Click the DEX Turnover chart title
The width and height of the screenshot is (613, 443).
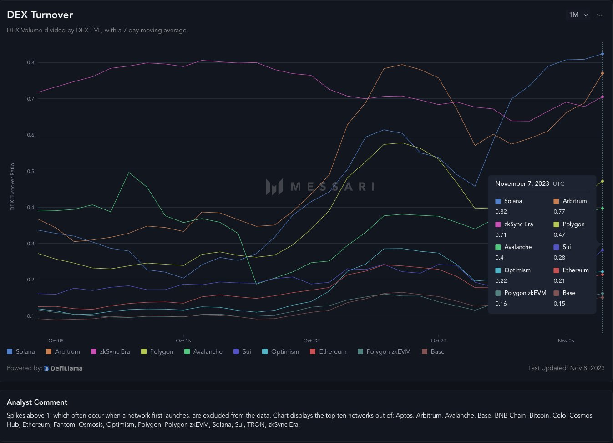[40, 15]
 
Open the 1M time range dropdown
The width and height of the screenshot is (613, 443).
[578, 15]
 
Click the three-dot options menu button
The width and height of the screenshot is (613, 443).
[599, 15]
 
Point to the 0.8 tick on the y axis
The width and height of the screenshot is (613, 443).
[30, 63]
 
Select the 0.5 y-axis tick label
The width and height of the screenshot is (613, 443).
[30, 171]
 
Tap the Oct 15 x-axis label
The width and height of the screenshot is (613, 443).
[183, 341]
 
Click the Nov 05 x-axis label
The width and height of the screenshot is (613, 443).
[566, 341]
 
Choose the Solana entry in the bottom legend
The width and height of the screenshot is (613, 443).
[21, 351]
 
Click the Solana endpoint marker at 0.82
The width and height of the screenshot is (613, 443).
[603, 54]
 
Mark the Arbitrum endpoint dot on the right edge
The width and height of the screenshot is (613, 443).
[603, 73]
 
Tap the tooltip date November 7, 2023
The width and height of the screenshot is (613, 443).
[522, 183]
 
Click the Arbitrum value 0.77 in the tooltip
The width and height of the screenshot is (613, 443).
[559, 212]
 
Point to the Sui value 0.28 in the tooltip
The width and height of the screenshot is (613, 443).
[559, 258]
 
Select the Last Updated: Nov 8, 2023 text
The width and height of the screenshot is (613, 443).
[566, 368]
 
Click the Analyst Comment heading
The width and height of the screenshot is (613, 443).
[37, 402]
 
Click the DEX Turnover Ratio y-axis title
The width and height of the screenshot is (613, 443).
[12, 187]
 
